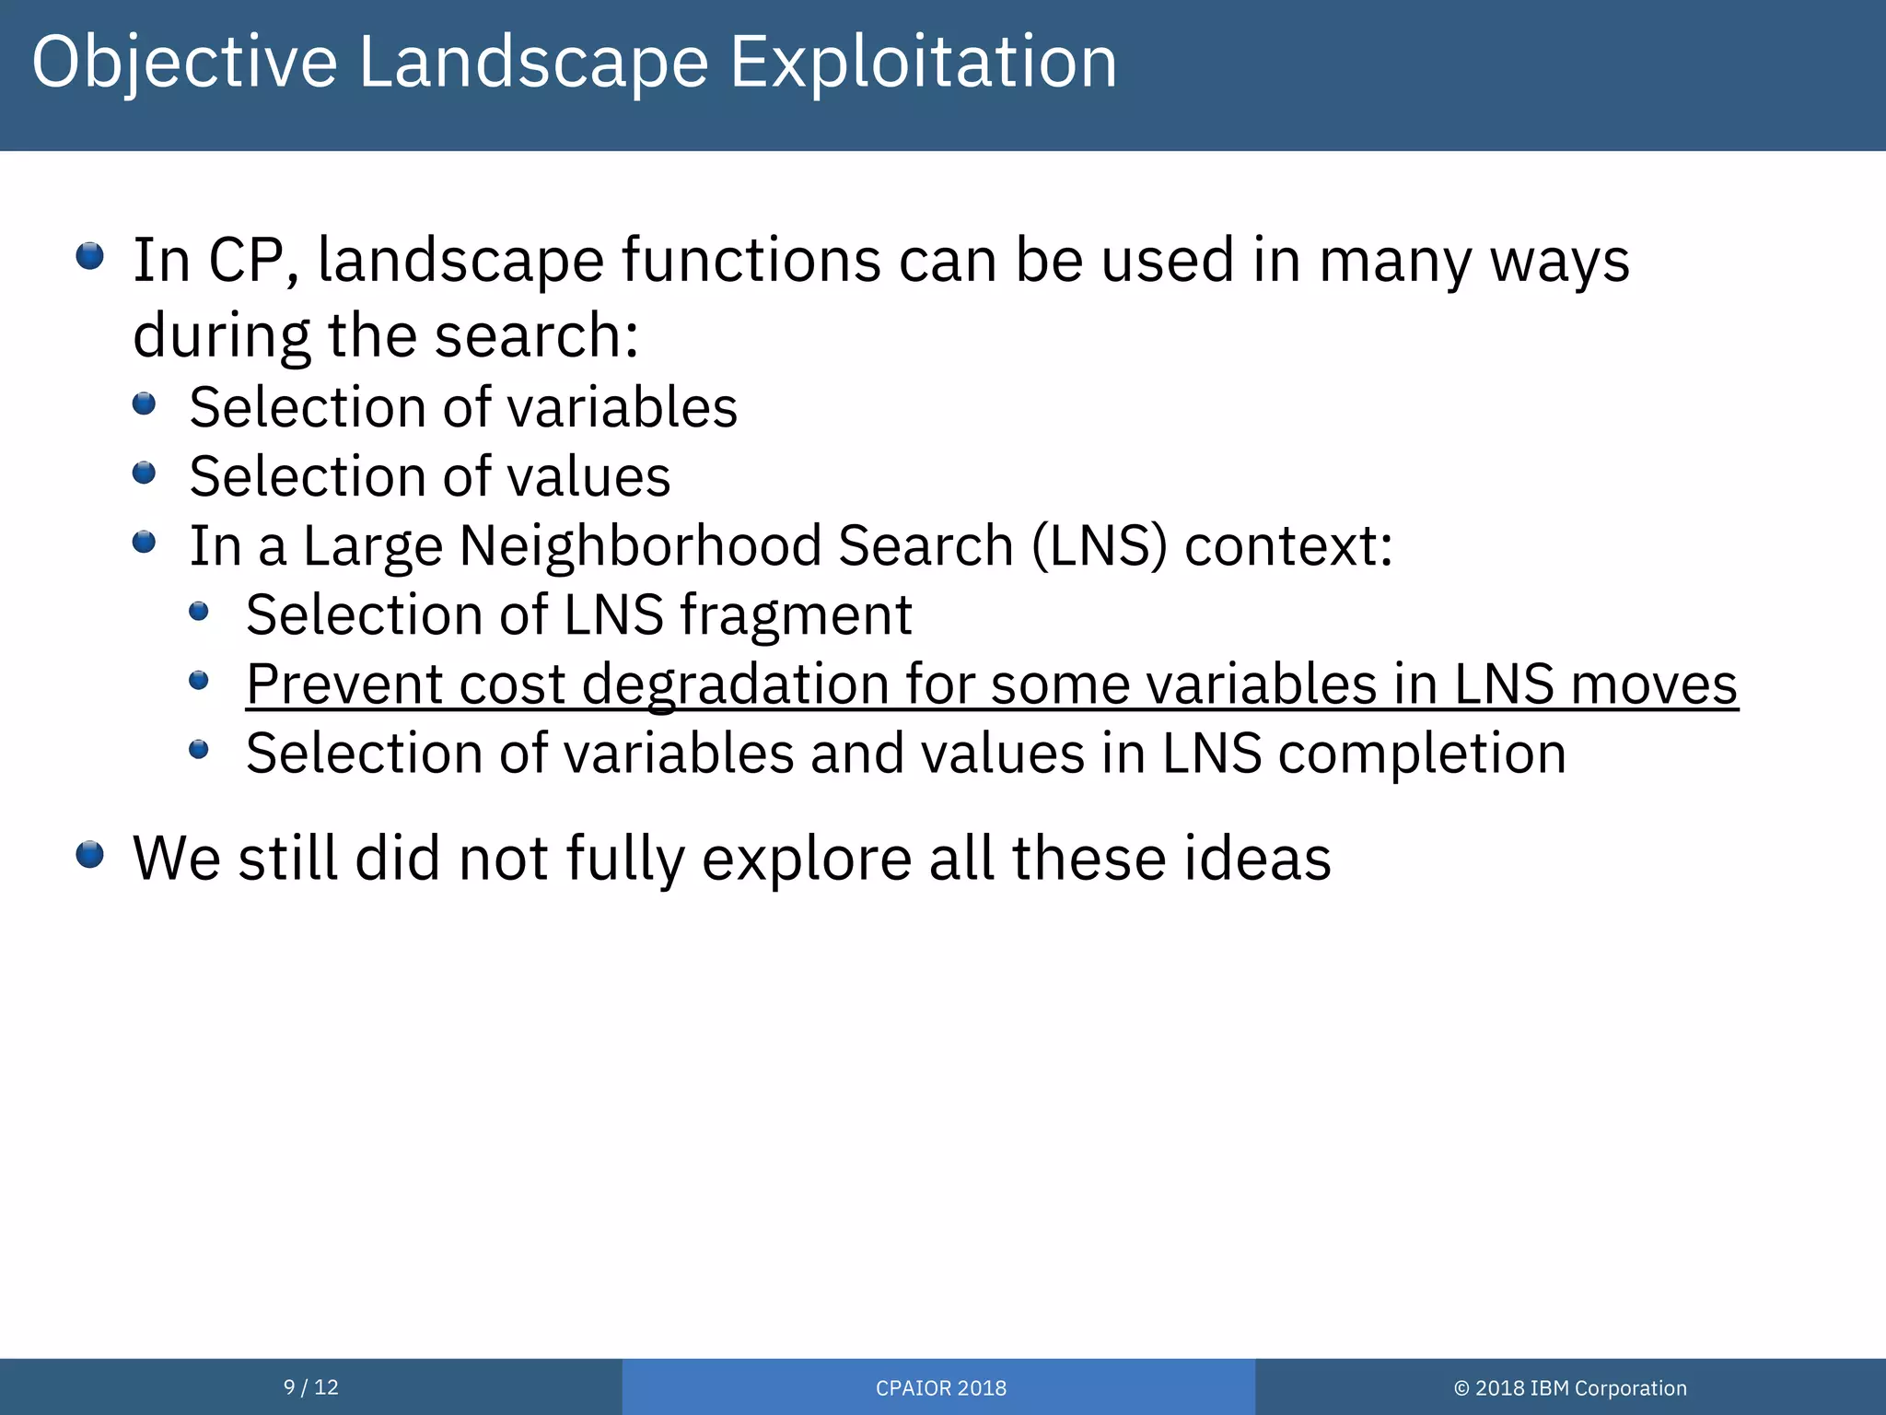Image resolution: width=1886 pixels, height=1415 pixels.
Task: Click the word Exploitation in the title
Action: (x=923, y=63)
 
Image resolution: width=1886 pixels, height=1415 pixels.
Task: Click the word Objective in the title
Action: (x=184, y=63)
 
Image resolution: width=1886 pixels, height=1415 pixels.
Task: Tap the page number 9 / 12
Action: (x=310, y=1387)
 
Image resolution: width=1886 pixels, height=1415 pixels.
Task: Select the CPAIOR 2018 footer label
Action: (x=940, y=1388)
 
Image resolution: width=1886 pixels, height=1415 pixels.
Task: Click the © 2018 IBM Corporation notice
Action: (x=1570, y=1388)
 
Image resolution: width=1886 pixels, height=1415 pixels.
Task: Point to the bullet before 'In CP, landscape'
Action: (x=90, y=256)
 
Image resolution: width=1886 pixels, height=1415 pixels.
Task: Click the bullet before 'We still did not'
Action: (x=90, y=855)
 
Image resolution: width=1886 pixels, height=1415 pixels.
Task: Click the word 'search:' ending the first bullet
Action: (x=536, y=335)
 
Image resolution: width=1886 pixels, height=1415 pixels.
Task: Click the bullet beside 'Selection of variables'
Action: (x=145, y=403)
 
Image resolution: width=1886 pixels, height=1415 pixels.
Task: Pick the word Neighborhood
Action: (x=639, y=545)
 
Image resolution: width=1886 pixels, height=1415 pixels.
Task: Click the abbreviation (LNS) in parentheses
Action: (x=1099, y=545)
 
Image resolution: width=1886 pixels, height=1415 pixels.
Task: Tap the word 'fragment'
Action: (x=796, y=615)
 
